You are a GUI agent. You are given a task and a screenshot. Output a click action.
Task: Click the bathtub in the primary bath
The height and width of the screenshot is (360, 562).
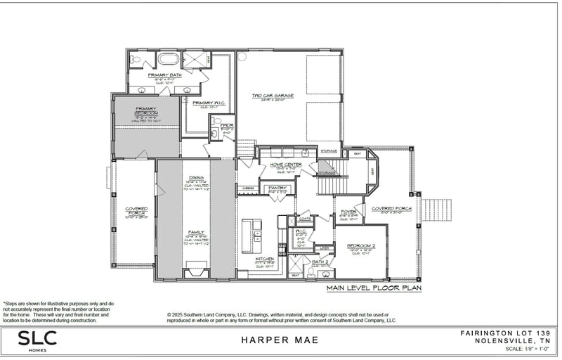point(169,58)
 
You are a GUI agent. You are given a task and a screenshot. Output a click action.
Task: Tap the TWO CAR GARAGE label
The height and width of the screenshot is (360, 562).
point(273,96)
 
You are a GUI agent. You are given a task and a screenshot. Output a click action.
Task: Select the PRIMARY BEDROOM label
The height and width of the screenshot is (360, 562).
point(146,110)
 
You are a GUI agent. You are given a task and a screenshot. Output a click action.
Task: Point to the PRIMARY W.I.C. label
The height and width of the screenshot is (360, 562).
point(207,103)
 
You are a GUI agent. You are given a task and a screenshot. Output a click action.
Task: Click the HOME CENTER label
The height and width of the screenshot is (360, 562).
point(286,165)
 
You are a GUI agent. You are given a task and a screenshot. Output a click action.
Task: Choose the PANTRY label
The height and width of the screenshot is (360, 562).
point(277,188)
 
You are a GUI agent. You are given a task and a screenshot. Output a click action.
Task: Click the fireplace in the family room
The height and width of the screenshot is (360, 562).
point(195,271)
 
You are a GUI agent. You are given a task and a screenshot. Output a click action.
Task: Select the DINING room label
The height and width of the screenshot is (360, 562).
point(196,178)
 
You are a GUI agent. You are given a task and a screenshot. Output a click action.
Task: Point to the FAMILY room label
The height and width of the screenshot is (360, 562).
point(195,232)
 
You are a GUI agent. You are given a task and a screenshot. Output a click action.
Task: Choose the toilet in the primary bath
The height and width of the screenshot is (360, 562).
point(136,60)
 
